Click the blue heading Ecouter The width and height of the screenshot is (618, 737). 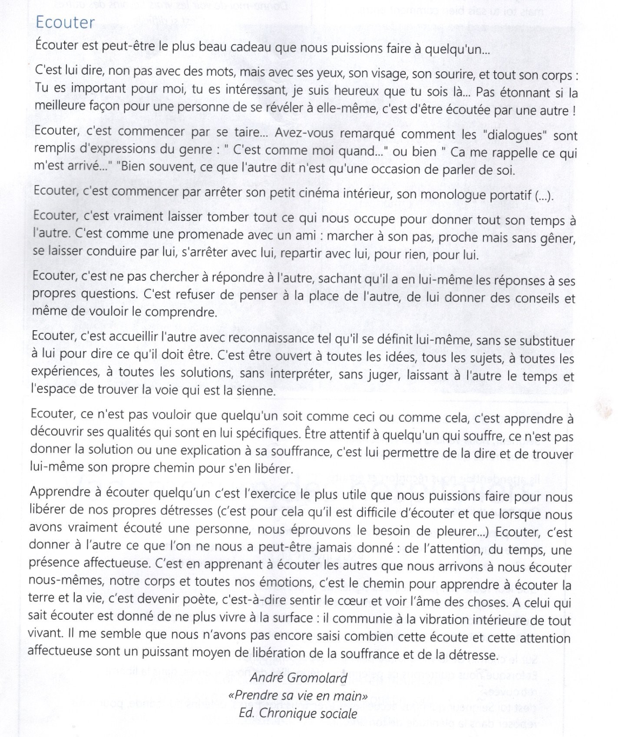65,22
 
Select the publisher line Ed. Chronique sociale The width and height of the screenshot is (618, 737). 298,713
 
